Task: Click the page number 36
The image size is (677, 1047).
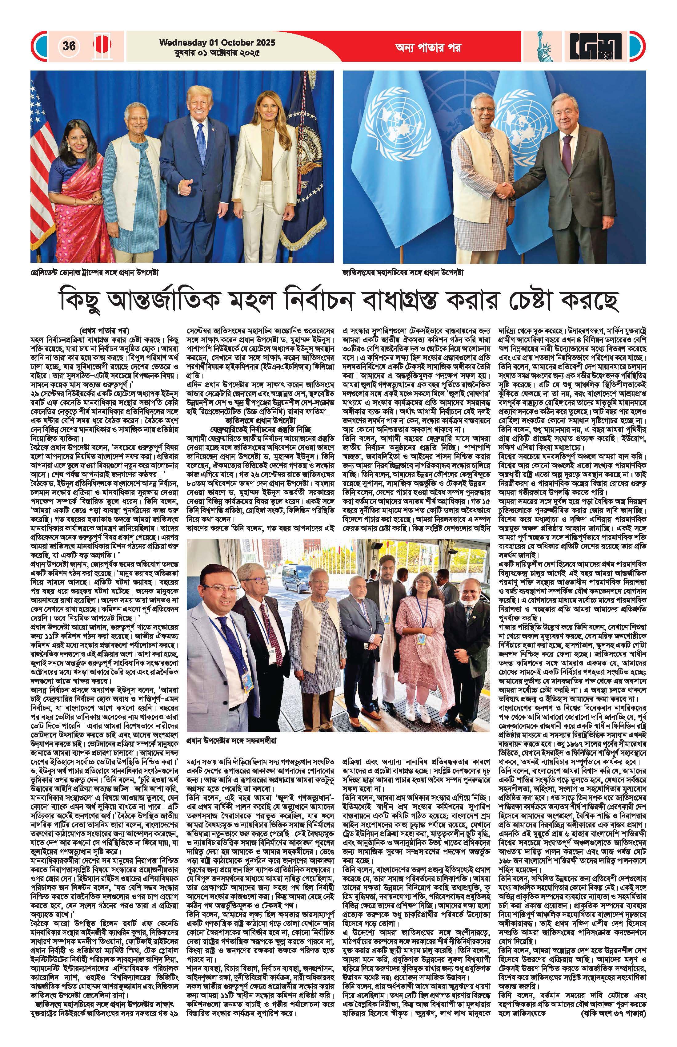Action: [69, 46]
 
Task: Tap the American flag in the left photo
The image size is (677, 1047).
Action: [42, 127]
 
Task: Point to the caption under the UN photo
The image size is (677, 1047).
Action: [403, 272]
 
